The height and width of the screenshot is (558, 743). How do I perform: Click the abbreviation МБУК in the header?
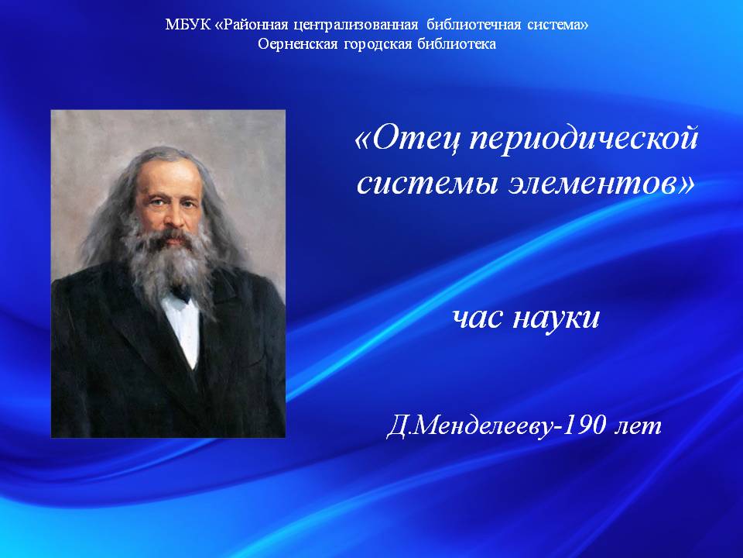click(x=187, y=25)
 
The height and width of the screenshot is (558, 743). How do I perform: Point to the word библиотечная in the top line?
click(x=474, y=25)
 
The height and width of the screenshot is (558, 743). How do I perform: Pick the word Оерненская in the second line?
click(x=297, y=45)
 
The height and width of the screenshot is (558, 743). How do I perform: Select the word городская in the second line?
click(x=378, y=45)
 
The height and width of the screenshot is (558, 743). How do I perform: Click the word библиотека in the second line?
click(x=457, y=44)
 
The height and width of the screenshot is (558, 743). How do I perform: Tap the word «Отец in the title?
click(x=408, y=139)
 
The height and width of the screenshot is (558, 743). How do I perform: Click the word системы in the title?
click(x=427, y=184)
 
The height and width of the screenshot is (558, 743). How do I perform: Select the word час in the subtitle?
click(x=478, y=318)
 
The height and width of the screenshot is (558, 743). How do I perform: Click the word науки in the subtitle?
click(x=556, y=318)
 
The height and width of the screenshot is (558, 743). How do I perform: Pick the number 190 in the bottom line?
click(x=587, y=425)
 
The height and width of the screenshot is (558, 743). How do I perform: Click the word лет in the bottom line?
click(x=639, y=427)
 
